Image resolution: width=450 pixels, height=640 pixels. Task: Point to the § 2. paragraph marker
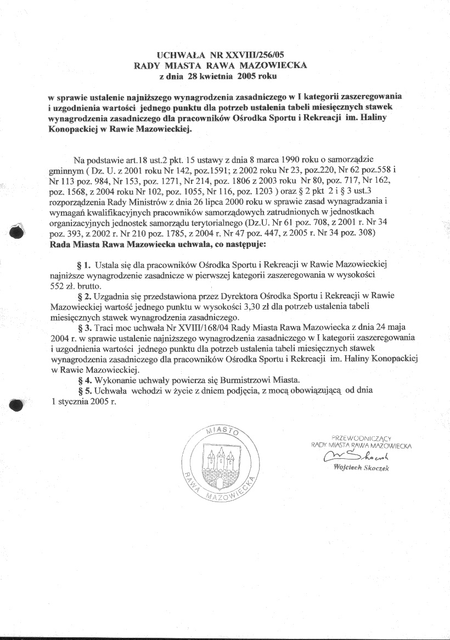click(85, 296)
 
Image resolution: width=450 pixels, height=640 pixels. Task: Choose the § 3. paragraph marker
click(85, 328)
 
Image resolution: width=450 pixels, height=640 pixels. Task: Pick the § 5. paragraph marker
click(85, 391)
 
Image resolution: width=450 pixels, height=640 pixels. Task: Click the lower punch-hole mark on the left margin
click(17, 405)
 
